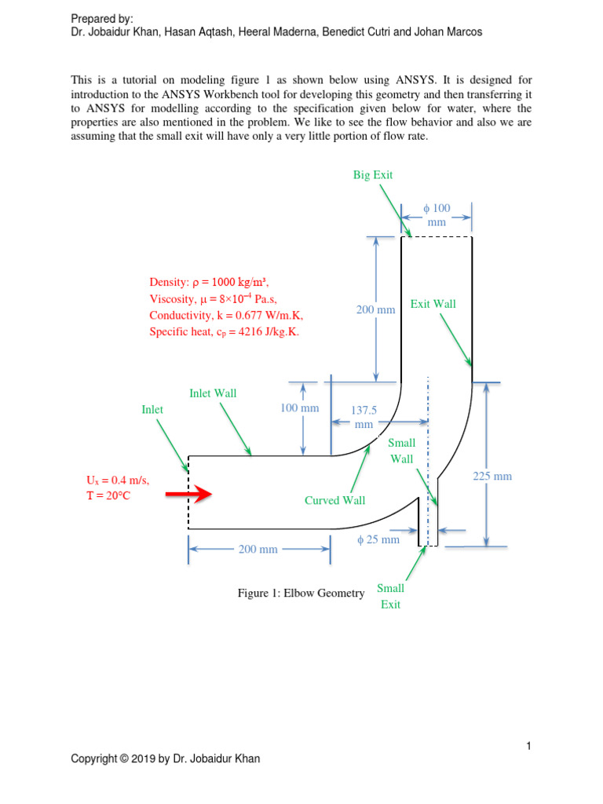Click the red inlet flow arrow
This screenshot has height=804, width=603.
(189, 494)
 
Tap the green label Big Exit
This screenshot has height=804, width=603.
(373, 175)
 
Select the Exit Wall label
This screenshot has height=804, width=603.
(433, 304)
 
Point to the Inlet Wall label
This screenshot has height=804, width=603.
(213, 393)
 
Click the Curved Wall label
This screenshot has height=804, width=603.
(334, 500)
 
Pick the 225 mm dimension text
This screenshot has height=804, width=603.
(492, 476)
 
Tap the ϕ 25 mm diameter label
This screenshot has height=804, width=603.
(378, 539)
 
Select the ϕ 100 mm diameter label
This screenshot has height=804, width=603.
(437, 215)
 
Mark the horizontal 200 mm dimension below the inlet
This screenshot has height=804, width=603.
(258, 549)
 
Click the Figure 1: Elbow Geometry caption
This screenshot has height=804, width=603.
(301, 593)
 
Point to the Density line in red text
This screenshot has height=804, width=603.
(214, 282)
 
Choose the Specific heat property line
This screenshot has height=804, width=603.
(224, 332)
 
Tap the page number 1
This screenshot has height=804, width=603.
(530, 746)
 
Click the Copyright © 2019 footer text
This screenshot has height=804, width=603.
(166, 758)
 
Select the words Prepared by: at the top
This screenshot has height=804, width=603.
(102, 18)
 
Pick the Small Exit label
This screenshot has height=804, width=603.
(390, 597)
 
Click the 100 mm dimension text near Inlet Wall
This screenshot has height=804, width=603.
(300, 408)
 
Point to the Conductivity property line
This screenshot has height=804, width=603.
(226, 315)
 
